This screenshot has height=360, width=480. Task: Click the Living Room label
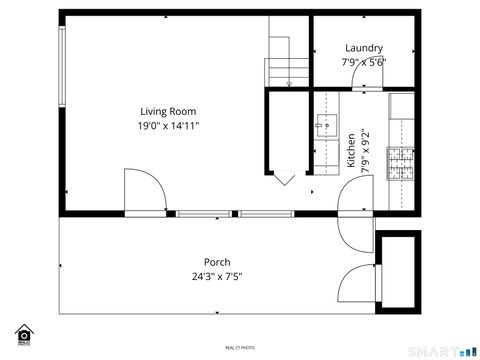pyautogui.click(x=167, y=111)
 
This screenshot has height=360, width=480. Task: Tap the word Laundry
pyautogui.click(x=364, y=48)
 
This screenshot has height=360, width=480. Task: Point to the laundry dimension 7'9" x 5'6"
pyautogui.click(x=364, y=62)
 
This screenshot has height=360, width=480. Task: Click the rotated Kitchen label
pyautogui.click(x=351, y=149)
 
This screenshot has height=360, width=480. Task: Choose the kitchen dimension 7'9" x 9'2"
pyautogui.click(x=365, y=149)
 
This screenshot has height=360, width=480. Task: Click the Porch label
pyautogui.click(x=217, y=262)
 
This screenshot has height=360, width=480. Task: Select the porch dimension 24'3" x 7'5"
pyautogui.click(x=217, y=276)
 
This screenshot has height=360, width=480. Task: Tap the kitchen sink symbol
pyautogui.click(x=326, y=125)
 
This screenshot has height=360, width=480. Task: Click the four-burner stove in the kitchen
pyautogui.click(x=401, y=164)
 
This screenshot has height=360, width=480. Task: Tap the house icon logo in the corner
pyautogui.click(x=24, y=333)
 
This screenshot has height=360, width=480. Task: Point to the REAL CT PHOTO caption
pyautogui.click(x=239, y=347)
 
